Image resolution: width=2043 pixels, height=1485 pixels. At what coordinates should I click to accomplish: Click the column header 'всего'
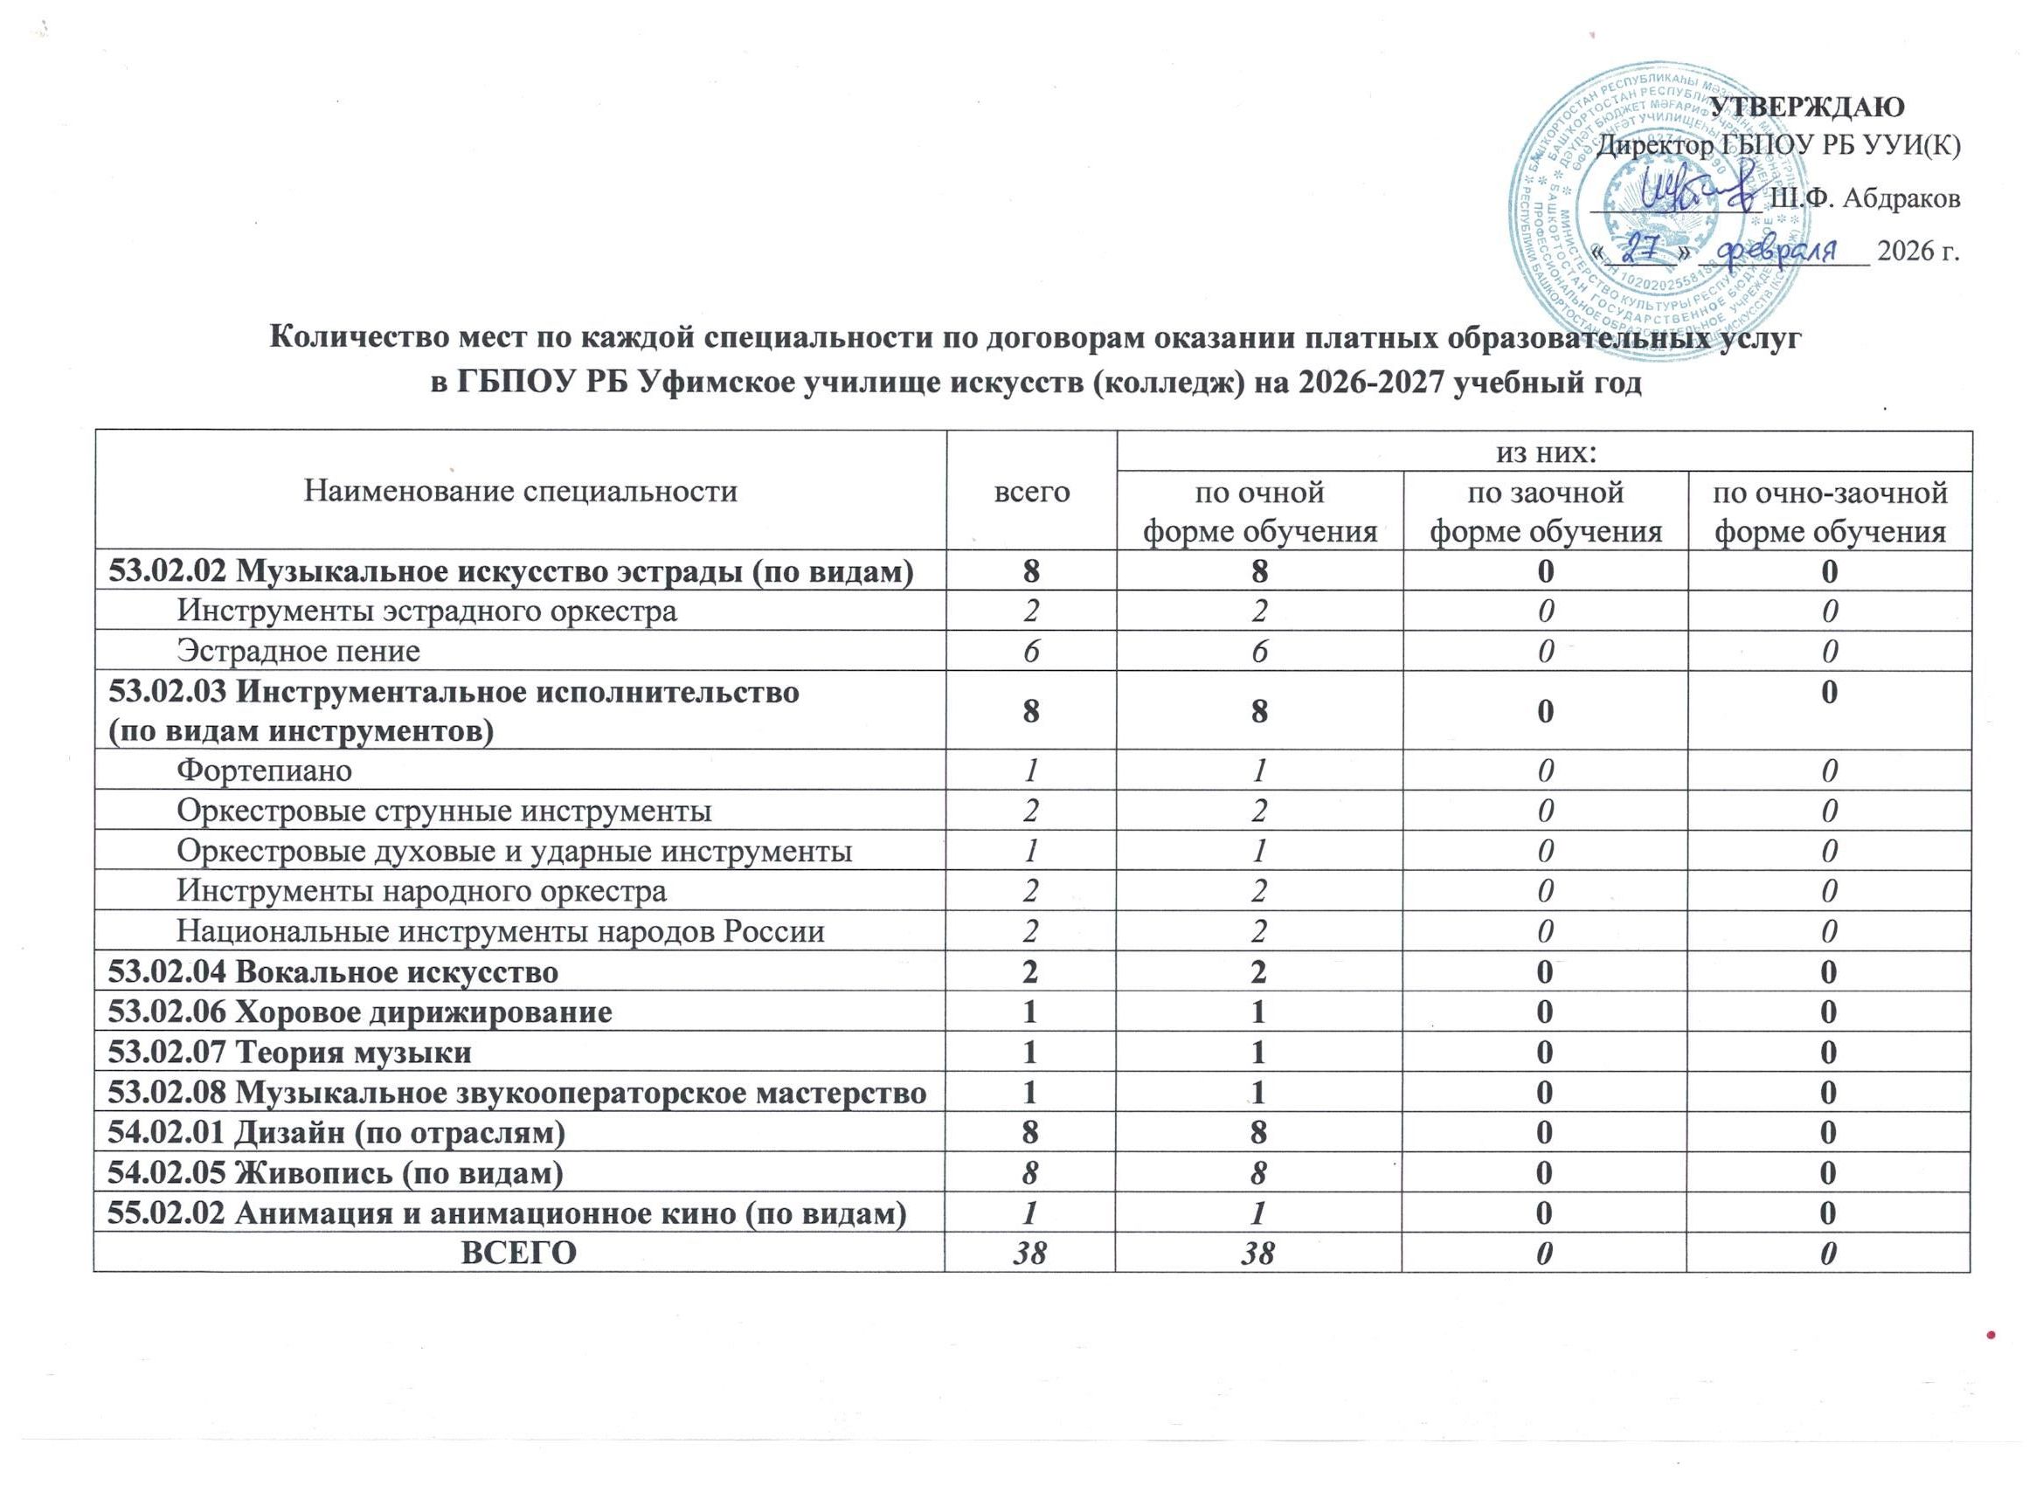(1030, 491)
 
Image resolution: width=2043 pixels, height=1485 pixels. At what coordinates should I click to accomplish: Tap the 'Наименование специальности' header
(521, 491)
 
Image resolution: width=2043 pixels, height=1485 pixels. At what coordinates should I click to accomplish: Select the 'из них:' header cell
(1543, 452)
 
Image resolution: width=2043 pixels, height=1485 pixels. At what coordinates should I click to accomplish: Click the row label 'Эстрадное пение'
(298, 651)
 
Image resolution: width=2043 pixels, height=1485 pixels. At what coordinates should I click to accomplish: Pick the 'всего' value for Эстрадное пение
(1030, 651)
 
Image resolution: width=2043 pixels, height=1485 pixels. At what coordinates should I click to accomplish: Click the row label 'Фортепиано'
(264, 770)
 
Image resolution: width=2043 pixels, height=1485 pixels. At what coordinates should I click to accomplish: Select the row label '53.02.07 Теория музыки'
(289, 1052)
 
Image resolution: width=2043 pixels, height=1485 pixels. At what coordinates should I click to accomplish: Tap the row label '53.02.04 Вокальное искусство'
(332, 971)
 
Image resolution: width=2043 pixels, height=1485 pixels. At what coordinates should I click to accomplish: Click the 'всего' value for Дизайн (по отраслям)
(1030, 1132)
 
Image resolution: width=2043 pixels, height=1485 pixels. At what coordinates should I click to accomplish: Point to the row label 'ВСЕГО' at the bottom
(519, 1253)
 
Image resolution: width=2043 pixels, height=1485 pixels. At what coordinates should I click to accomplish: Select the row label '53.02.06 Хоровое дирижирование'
(359, 1012)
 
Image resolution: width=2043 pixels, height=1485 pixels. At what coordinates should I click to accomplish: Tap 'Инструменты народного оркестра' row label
(421, 892)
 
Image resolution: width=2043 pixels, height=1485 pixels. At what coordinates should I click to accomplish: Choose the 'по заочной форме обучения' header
(1545, 512)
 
